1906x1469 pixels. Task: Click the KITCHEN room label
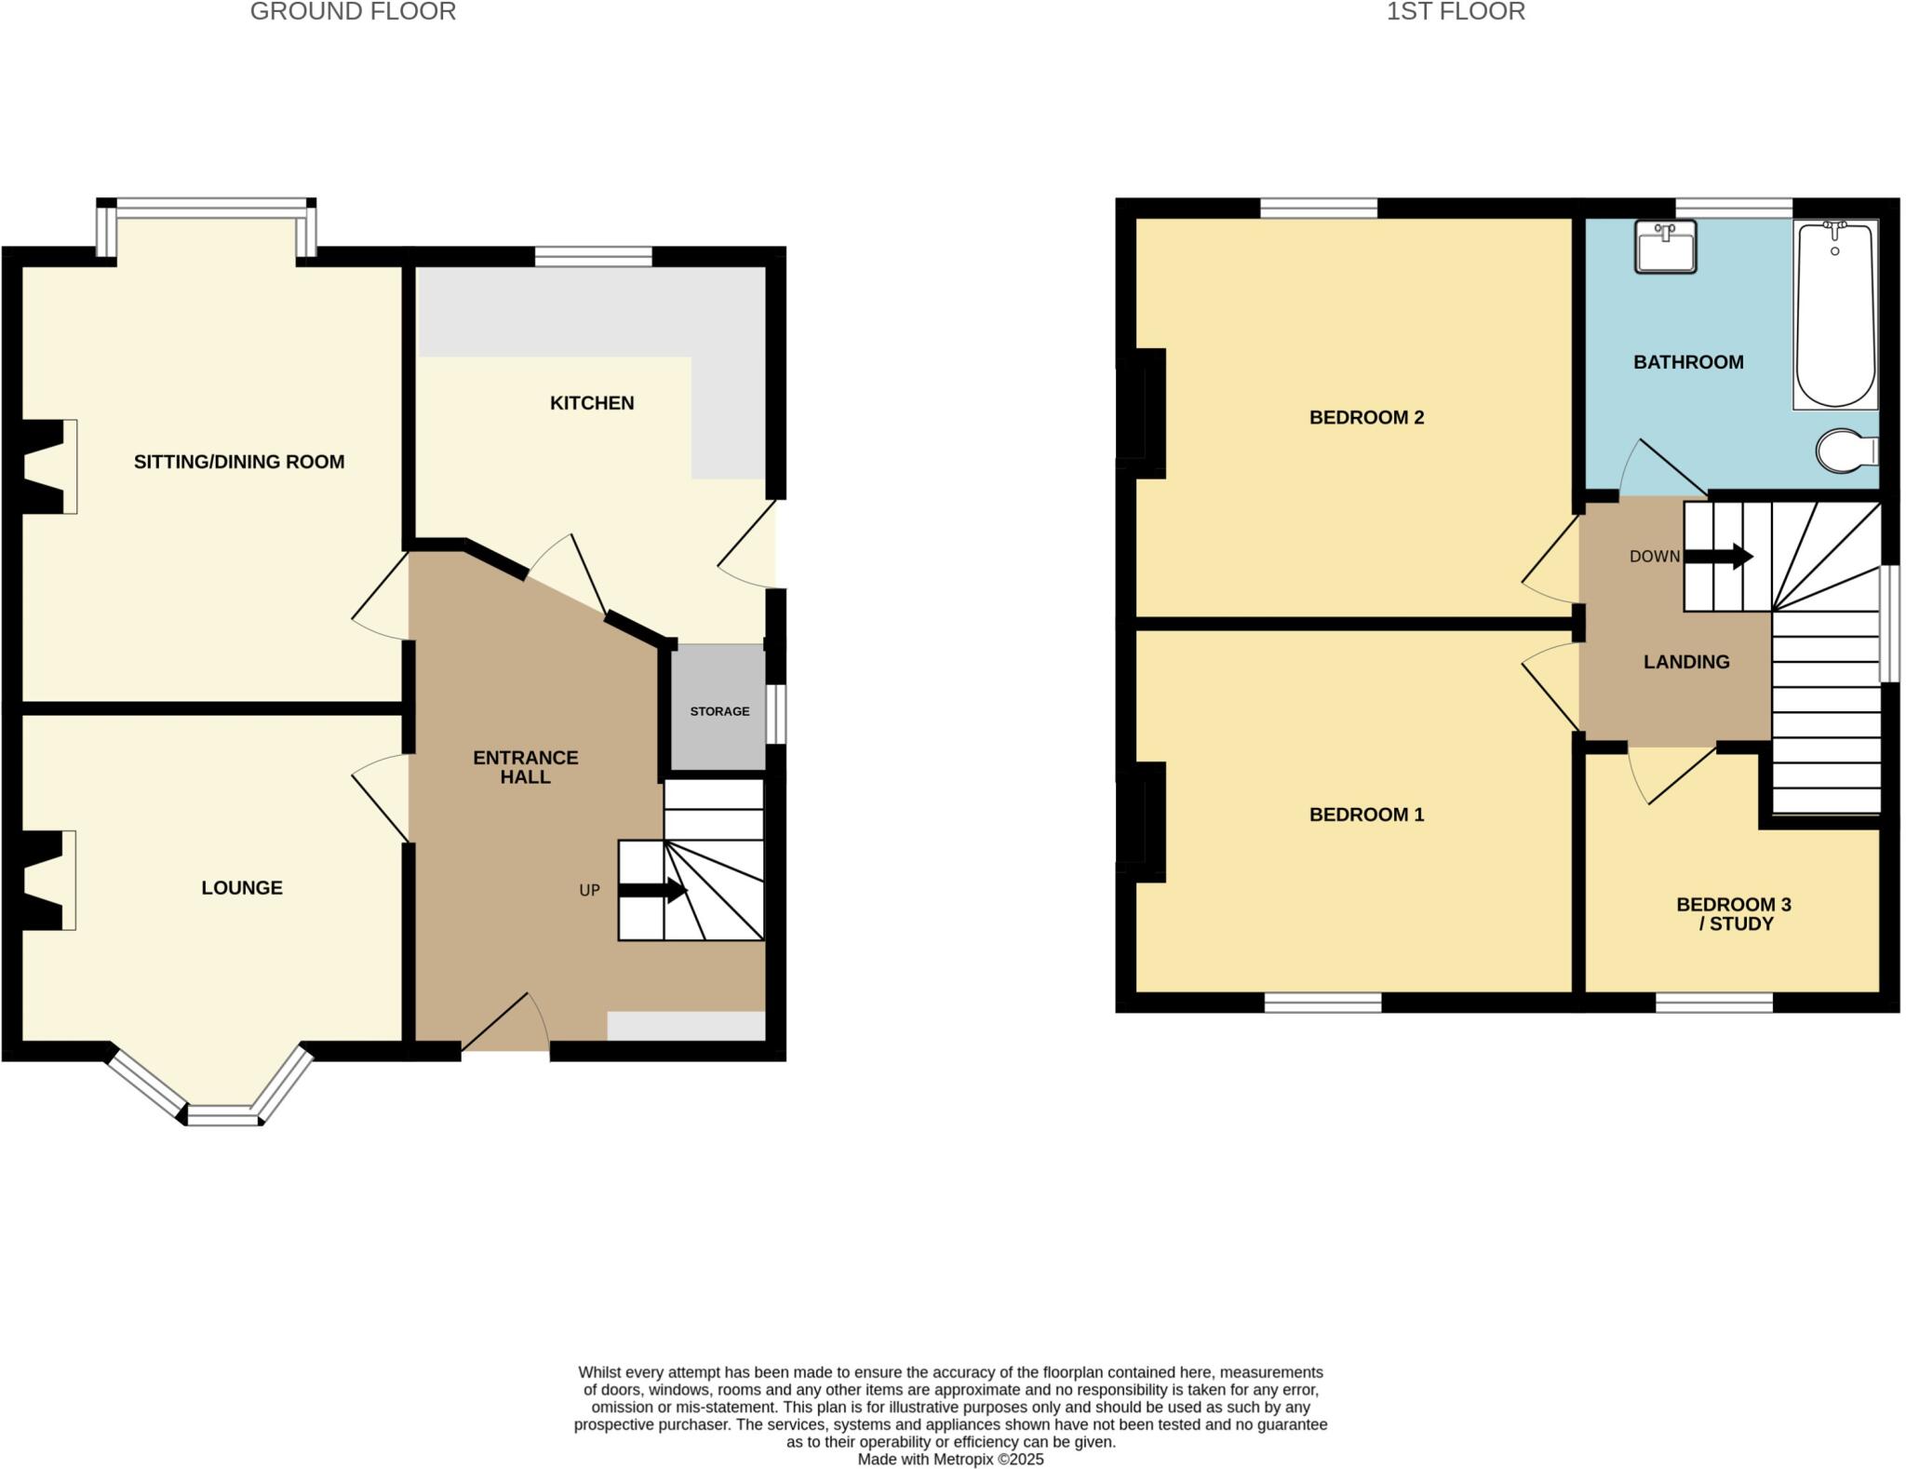(592, 403)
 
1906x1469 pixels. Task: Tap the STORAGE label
(719, 711)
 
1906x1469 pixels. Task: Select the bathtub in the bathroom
(1835, 315)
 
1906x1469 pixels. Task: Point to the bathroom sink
(1665, 247)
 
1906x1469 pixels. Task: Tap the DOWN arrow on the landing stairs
(1719, 558)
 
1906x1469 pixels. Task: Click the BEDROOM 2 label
(1366, 417)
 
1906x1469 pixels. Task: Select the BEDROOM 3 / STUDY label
(1733, 913)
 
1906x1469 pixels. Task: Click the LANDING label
(1686, 662)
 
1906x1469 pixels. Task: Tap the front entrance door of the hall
(505, 1024)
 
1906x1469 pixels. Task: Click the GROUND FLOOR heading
(353, 12)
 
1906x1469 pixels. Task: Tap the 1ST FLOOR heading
(1456, 12)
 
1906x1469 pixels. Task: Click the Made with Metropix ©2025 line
(950, 1459)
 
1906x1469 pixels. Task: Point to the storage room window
(775, 714)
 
